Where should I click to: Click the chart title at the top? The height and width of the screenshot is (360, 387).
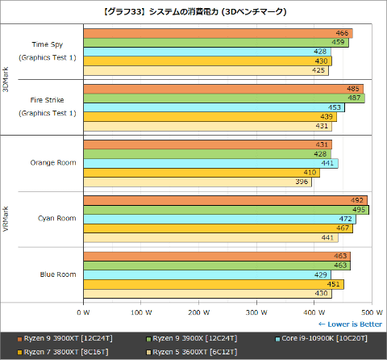coord(193,12)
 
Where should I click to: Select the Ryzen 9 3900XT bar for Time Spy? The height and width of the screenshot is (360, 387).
coord(218,33)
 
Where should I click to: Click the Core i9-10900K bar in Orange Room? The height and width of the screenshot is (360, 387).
coord(210,163)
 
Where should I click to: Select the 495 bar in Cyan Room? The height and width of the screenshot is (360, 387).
coord(226,209)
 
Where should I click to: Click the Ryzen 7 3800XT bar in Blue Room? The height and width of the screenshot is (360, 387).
coord(213,283)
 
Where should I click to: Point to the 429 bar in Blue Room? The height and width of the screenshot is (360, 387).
coord(206,274)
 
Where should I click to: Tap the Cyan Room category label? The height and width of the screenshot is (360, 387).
coord(57,218)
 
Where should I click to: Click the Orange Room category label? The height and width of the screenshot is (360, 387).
coord(53,162)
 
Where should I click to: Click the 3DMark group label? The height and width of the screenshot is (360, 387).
coord(6,79)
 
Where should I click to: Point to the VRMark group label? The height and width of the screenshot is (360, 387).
coord(6,218)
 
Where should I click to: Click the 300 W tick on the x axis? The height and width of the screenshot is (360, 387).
coord(256,311)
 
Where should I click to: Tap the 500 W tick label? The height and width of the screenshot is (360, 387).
coord(370,311)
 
